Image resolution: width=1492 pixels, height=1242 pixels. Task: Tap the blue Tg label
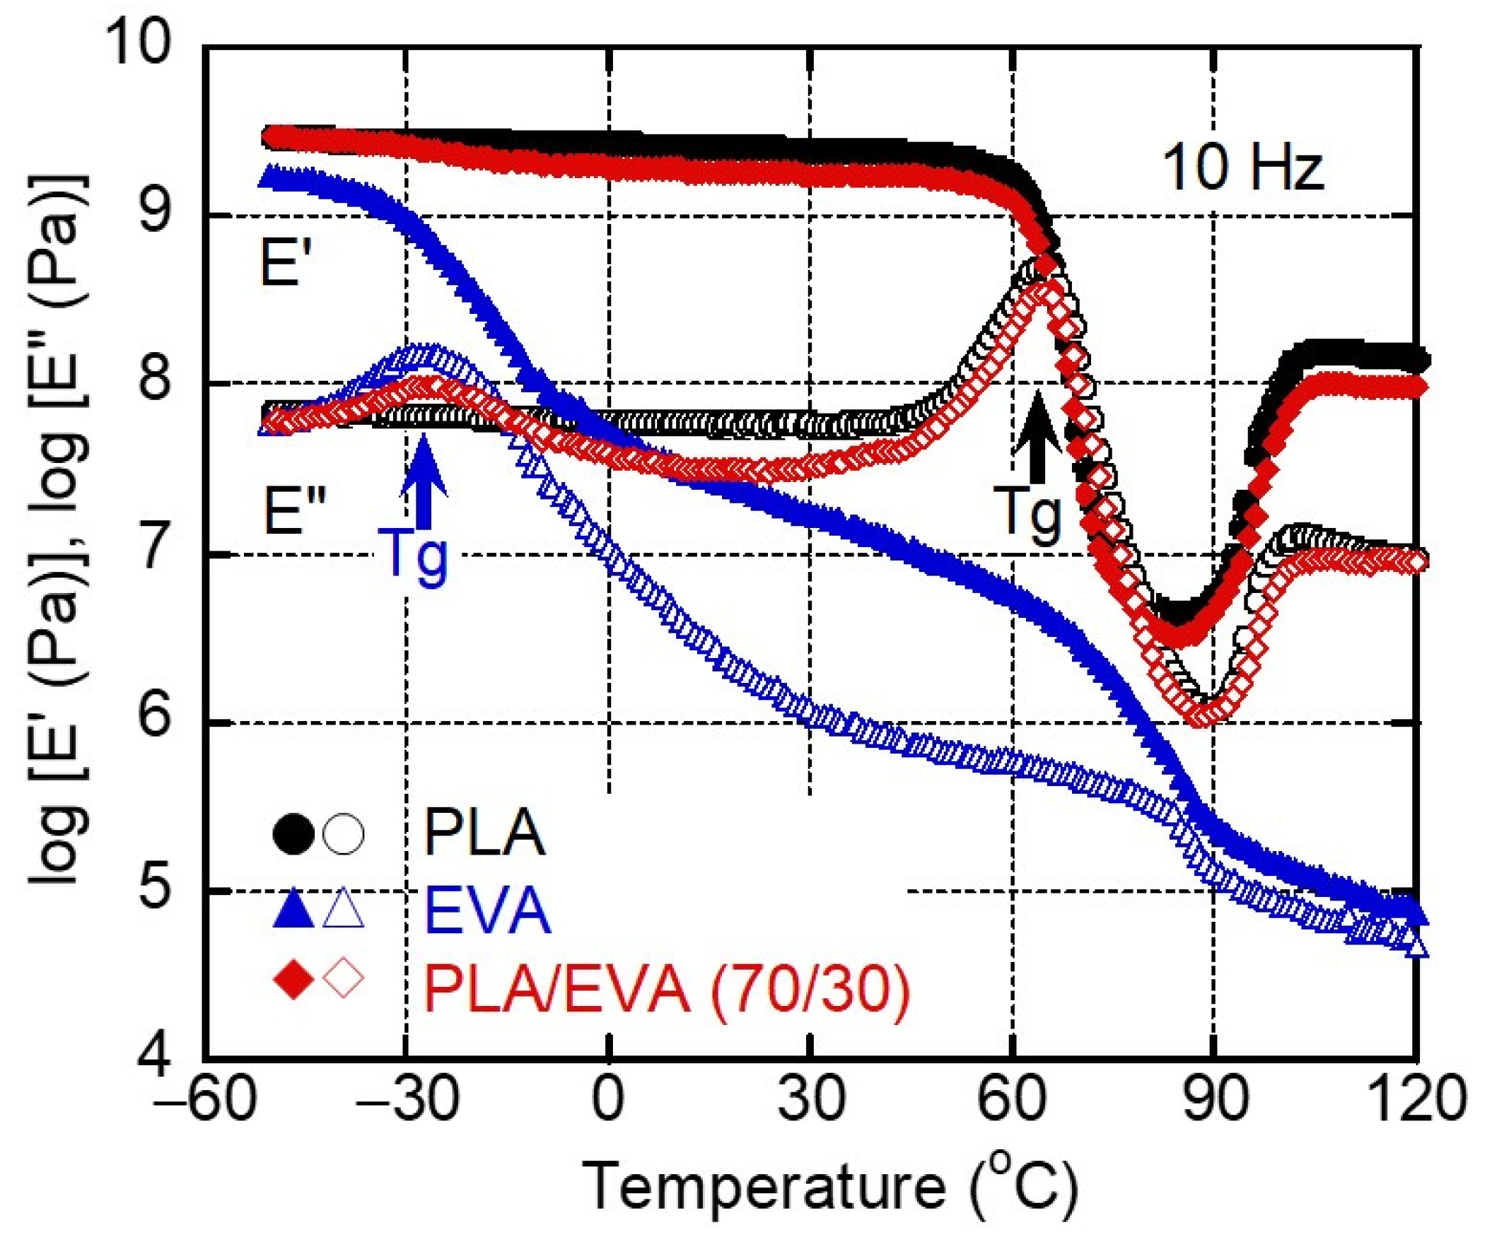coord(414,555)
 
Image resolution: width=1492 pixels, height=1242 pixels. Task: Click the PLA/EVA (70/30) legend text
coord(667,989)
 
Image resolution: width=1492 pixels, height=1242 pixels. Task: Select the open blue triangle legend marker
coord(343,910)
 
